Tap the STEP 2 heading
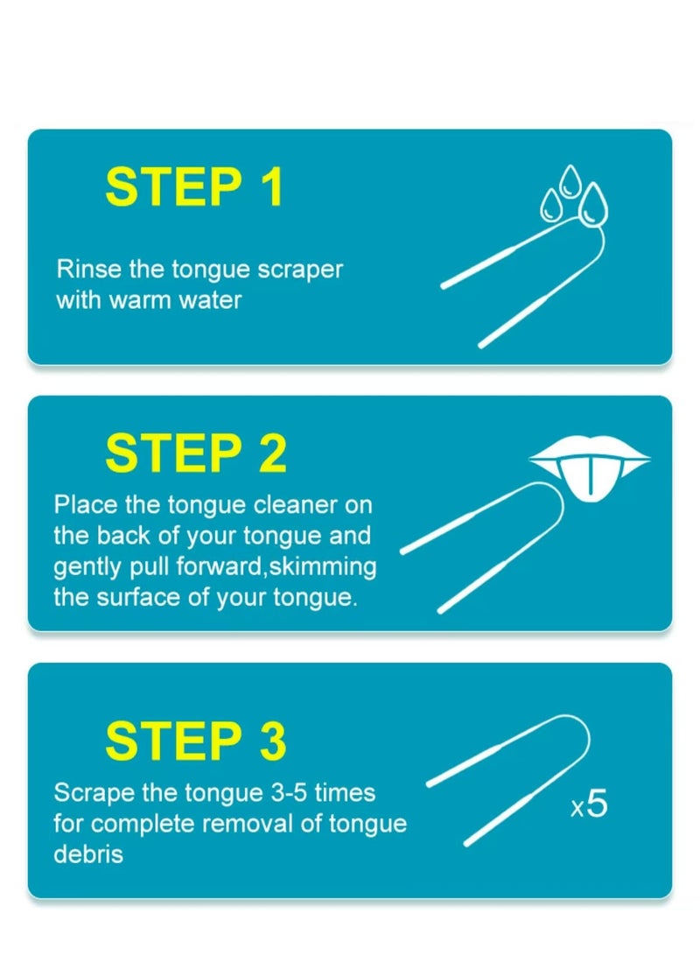click(195, 453)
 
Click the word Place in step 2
click(81, 505)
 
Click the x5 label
click(588, 804)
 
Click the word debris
click(88, 854)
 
